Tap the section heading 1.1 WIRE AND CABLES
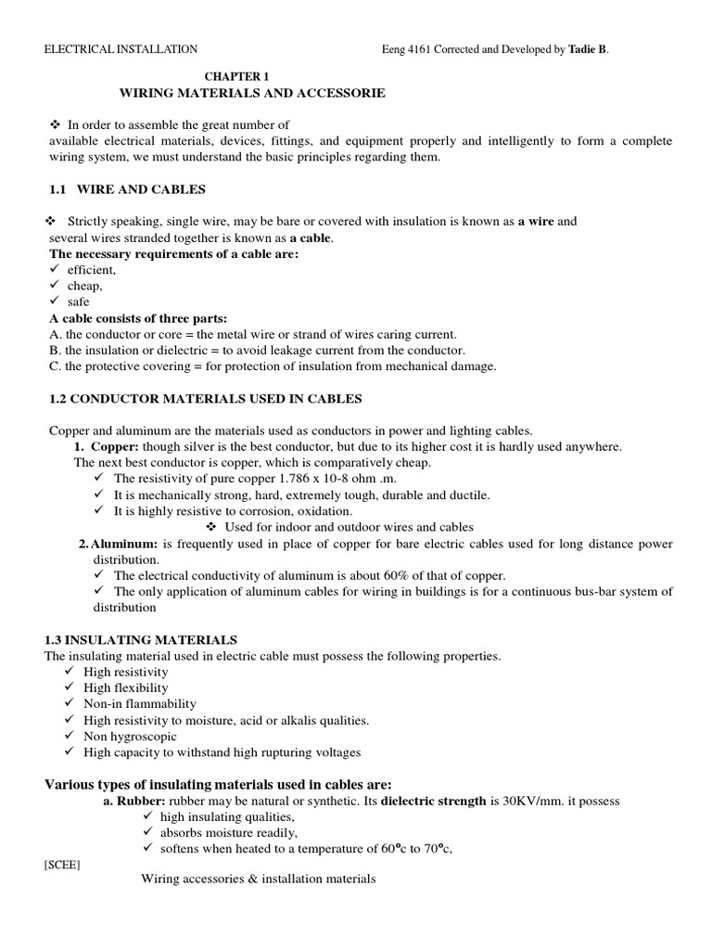click(x=127, y=189)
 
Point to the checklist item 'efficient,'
click(x=91, y=270)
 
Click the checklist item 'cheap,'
click(x=84, y=286)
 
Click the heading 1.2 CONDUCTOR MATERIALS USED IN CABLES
click(x=205, y=399)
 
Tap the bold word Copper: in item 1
click(x=115, y=446)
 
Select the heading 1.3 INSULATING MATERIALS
click(x=141, y=640)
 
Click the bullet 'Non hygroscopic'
click(x=130, y=736)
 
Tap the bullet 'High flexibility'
click(x=126, y=687)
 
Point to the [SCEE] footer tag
click(x=62, y=865)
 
